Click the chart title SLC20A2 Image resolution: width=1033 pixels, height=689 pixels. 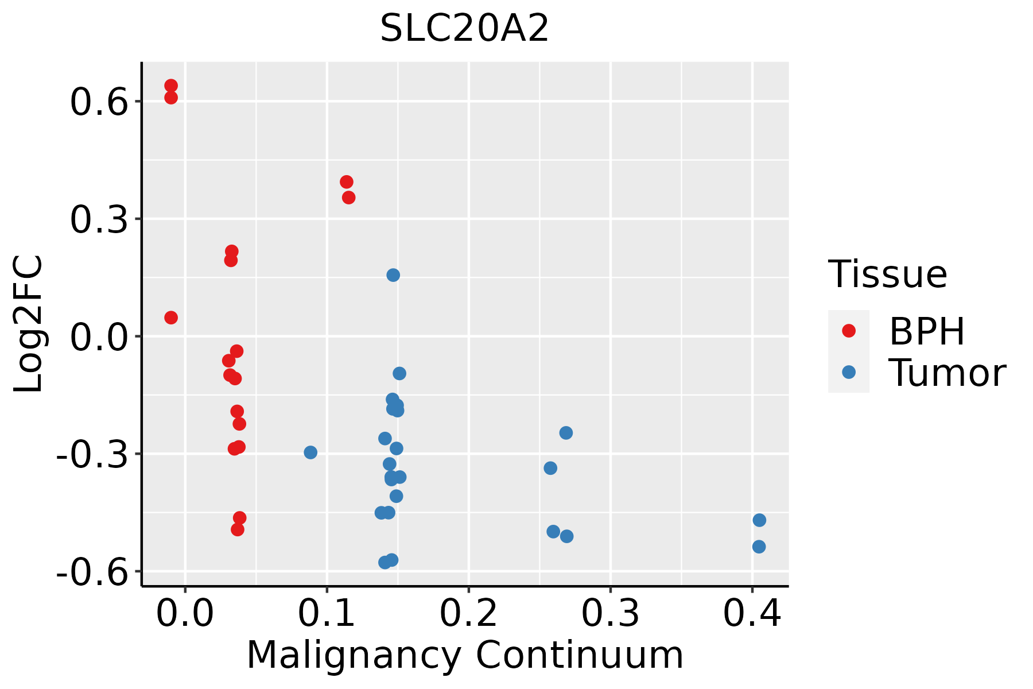464,29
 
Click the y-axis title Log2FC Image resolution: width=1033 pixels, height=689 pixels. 29,324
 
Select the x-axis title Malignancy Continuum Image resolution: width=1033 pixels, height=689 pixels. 465,655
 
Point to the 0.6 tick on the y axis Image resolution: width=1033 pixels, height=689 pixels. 98,103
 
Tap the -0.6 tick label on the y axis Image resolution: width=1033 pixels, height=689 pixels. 91,572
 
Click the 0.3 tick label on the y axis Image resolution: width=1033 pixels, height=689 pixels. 98,220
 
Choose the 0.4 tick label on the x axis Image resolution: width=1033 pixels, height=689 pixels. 752,614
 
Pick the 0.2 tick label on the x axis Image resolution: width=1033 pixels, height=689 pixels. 468,614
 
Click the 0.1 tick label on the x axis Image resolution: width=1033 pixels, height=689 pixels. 327,614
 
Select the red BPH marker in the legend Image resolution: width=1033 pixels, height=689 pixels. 848,330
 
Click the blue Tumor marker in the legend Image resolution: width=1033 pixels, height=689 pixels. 848,372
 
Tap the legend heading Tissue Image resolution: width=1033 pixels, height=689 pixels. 887,274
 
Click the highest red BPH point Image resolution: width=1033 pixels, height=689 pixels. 171,86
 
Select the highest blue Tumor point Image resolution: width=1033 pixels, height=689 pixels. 393,275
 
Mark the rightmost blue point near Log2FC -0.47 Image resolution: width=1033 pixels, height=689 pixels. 759,520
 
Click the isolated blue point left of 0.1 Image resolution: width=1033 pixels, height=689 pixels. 310,452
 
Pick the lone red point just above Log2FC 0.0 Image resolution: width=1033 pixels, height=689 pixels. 171,318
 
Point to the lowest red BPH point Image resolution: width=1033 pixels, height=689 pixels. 238,529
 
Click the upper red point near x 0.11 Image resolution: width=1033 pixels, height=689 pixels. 347,182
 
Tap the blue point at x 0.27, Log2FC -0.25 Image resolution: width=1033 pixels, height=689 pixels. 566,433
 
